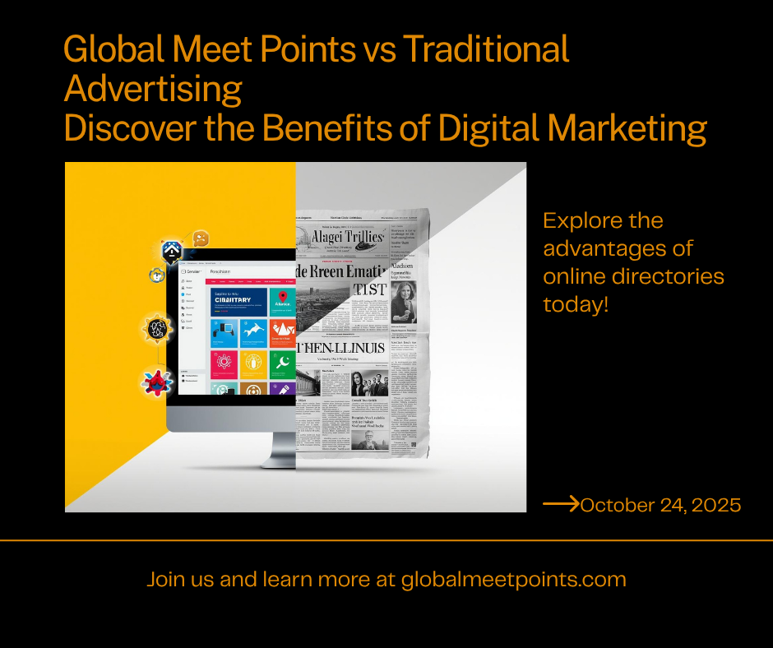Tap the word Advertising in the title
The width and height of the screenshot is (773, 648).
tap(153, 89)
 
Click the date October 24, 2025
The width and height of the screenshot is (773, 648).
tap(660, 505)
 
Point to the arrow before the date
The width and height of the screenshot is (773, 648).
tap(561, 504)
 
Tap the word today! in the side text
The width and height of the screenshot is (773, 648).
tap(576, 305)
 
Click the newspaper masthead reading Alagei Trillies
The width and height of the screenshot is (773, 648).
tap(348, 237)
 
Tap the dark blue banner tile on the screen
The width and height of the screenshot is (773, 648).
tap(238, 300)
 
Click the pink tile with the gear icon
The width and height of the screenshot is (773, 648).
tap(224, 363)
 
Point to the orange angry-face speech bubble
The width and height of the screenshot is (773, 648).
tap(199, 238)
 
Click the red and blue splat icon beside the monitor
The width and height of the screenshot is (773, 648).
tap(155, 381)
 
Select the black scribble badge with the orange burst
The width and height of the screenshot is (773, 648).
tap(157, 328)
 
